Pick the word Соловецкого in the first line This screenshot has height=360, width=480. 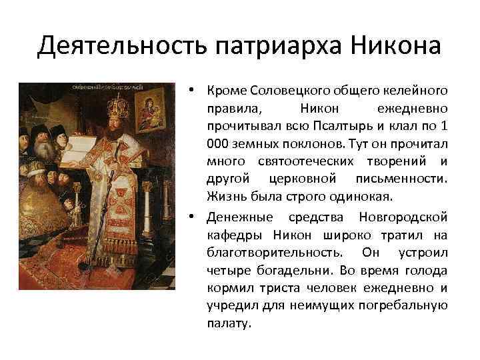(281, 91)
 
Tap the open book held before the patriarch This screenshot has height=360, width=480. (83, 144)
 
